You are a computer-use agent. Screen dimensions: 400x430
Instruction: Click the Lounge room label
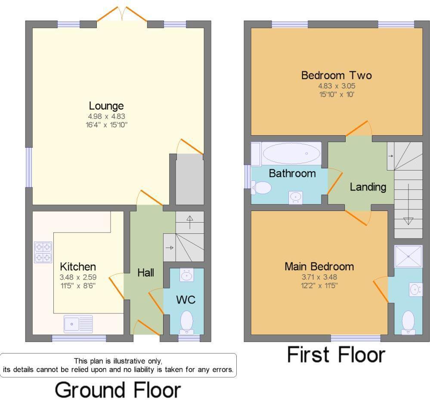(106, 105)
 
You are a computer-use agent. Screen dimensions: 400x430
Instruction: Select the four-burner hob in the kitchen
(43, 252)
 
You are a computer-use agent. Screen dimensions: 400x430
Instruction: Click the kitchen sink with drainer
(78, 324)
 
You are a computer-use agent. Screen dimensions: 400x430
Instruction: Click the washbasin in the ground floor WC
(186, 276)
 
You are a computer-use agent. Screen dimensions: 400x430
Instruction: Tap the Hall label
(145, 273)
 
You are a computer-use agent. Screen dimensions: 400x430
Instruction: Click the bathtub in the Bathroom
(291, 153)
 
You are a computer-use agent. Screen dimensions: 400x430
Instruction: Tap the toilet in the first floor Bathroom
(261, 188)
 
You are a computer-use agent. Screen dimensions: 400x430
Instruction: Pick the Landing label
(368, 187)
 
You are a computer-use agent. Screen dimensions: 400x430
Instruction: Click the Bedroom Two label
(336, 76)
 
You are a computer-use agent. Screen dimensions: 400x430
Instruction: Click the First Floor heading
(336, 356)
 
